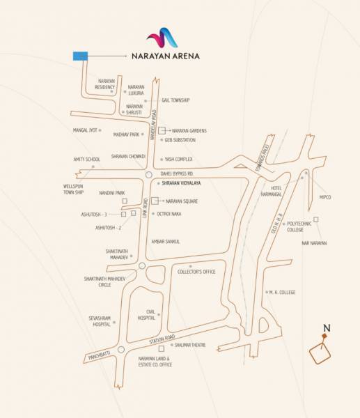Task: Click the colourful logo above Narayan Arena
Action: coord(162,38)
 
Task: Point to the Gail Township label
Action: coord(175,100)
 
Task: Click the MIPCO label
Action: coord(325,197)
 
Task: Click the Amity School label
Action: coord(87,160)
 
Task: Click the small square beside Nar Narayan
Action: coord(316,219)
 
